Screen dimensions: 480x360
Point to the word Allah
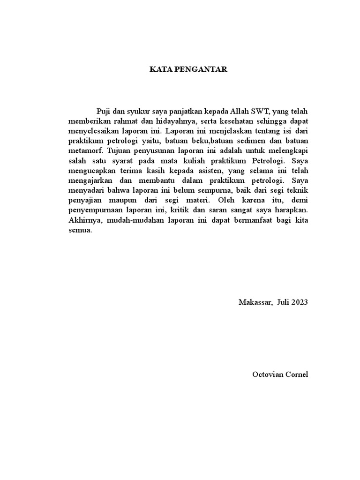pyautogui.click(x=240, y=111)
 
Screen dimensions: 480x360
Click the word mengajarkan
pyautogui.click(x=87, y=181)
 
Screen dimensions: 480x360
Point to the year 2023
pyautogui.click(x=299, y=302)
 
